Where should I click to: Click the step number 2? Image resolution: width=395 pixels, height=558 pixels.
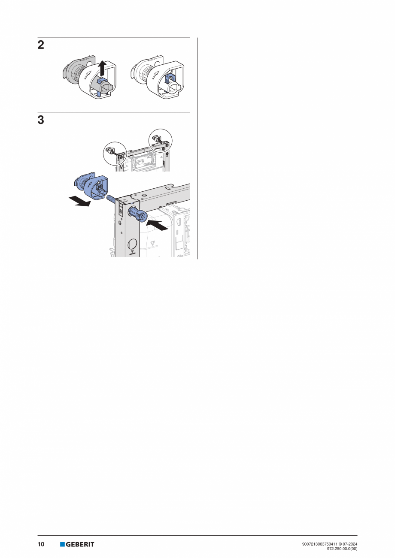coord(41,45)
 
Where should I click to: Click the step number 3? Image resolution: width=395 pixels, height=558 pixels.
coord(41,121)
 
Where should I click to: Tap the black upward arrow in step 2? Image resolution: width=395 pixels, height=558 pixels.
coord(102,68)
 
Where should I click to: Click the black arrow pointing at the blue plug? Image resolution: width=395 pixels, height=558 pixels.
coord(157,225)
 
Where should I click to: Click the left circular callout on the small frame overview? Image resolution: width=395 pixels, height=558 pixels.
coord(115,153)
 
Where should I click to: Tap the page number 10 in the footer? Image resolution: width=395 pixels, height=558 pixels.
coord(41,544)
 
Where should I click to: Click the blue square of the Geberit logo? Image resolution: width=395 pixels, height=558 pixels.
coord(62,544)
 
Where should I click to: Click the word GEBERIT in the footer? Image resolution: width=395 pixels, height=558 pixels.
coord(80,544)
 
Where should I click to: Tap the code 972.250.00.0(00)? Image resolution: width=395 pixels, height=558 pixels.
coord(342,548)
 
